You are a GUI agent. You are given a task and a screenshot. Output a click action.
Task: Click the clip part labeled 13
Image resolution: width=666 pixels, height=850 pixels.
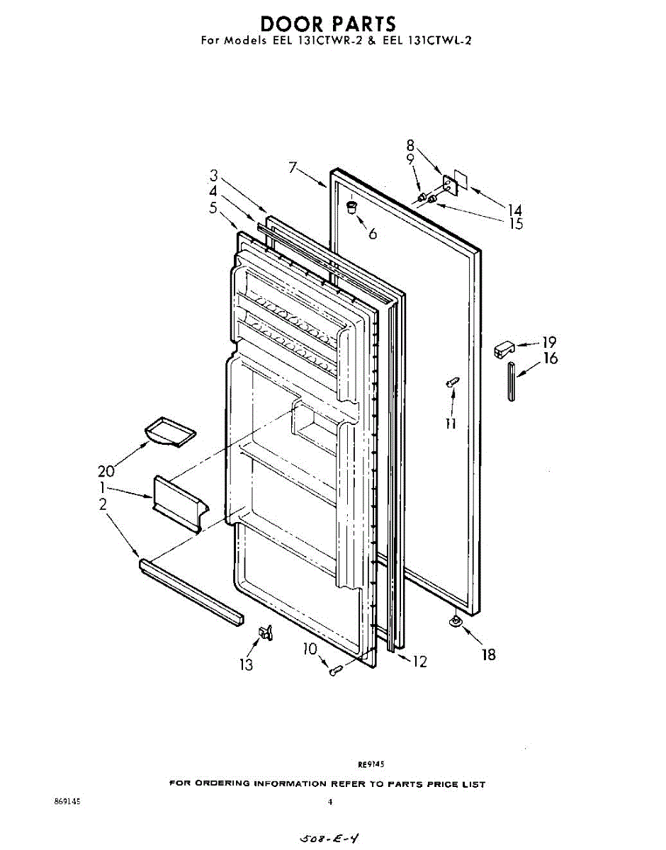pyautogui.click(x=266, y=632)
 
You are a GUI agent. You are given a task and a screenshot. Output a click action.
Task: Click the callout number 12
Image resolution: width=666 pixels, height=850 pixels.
pyautogui.click(x=419, y=662)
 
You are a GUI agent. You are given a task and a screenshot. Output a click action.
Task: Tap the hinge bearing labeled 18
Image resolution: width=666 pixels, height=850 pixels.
pyautogui.click(x=456, y=622)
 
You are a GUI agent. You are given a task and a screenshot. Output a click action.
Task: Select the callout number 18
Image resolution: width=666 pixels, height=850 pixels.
pyautogui.click(x=489, y=654)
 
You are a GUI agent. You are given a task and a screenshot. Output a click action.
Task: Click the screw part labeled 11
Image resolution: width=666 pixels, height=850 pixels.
pyautogui.click(x=451, y=383)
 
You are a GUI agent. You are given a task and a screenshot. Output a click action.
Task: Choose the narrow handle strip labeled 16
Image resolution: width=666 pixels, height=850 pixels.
pyautogui.click(x=512, y=380)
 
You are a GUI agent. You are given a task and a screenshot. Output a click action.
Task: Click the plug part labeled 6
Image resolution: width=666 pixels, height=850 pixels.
pyautogui.click(x=351, y=207)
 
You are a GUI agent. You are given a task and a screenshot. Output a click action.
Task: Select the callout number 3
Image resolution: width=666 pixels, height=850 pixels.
pyautogui.click(x=213, y=176)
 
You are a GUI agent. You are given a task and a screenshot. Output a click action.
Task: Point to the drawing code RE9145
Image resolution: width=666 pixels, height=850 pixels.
pyautogui.click(x=371, y=764)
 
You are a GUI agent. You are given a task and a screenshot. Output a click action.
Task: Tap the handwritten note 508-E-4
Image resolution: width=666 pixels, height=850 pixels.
pyautogui.click(x=332, y=838)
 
